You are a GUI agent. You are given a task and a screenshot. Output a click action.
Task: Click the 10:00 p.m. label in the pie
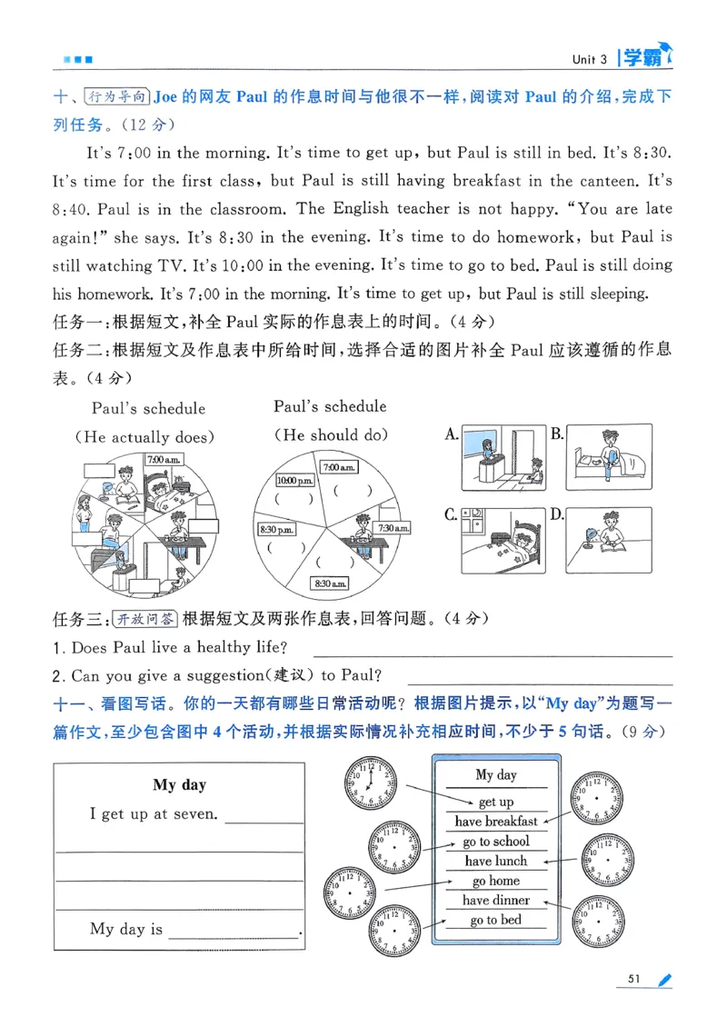pyautogui.click(x=294, y=479)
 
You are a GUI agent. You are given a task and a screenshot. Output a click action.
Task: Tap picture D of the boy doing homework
pyautogui.click(x=608, y=540)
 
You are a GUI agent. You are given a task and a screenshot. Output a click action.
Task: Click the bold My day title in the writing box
pyautogui.click(x=179, y=785)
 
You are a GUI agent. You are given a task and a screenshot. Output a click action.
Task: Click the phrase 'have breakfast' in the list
pyautogui.click(x=496, y=822)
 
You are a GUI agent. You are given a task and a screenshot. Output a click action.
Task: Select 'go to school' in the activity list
pyautogui.click(x=496, y=842)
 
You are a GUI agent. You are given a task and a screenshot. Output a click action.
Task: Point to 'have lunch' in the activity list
pyautogui.click(x=496, y=861)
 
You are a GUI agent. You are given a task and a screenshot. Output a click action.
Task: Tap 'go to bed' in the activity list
pyautogui.click(x=496, y=920)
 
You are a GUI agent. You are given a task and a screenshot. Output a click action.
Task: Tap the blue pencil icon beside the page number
pyautogui.click(x=665, y=979)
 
